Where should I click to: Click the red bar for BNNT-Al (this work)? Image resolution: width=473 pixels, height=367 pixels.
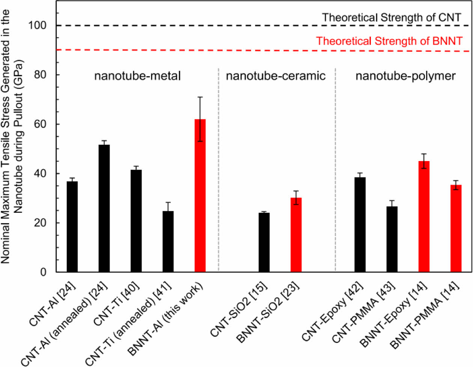tap(200, 195)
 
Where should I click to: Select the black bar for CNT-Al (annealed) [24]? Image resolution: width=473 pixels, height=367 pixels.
tap(104, 208)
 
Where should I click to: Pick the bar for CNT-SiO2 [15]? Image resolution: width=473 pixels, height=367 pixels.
tap(264, 242)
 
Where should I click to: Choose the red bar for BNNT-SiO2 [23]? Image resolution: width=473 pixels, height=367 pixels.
tap(296, 235)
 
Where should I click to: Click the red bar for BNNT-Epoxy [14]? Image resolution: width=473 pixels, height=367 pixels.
tap(424, 217)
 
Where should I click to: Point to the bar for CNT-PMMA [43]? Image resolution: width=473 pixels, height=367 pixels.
tap(392, 239)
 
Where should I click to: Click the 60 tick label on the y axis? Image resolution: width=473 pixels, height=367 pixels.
tap(40, 124)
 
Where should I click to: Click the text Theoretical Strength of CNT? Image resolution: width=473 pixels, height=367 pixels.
tap(392, 17)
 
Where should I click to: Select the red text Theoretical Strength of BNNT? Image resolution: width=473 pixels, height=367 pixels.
tap(389, 41)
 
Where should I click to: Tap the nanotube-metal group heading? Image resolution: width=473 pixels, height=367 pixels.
tap(137, 76)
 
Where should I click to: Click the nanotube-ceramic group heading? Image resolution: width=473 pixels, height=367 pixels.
tap(276, 76)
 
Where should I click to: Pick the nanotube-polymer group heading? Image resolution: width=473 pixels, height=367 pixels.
tap(405, 76)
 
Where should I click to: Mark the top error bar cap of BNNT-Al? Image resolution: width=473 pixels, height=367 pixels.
tap(200, 97)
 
